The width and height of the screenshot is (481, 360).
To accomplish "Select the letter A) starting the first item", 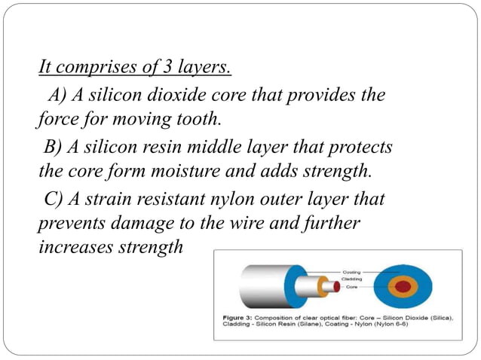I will coord(58,96).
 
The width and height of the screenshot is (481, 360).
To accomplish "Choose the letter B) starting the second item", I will coord(54,145).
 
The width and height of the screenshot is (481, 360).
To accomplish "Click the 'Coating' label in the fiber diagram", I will coord(352,271).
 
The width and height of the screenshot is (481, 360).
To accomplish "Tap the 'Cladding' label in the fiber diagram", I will coord(353,279).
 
